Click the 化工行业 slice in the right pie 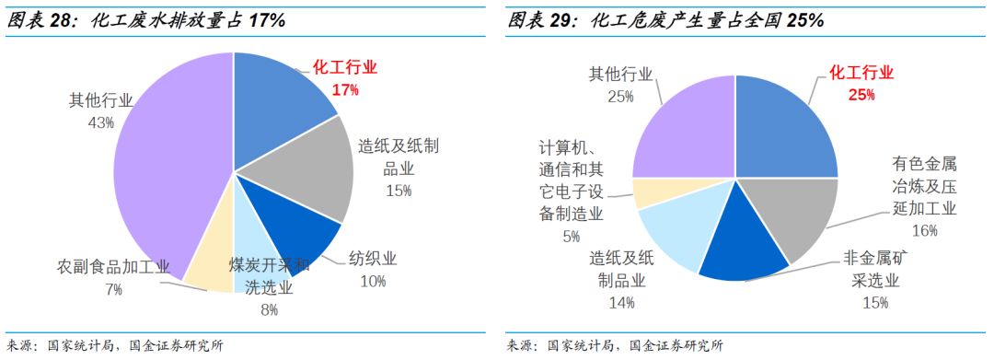(x=782, y=129)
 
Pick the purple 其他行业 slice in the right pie (x=686, y=129)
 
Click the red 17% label (x=345, y=89)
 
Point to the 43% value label (x=100, y=121)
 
